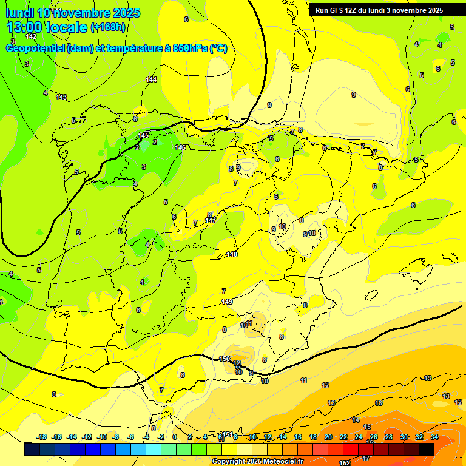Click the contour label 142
click(x=31, y=36)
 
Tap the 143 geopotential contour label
click(x=61, y=97)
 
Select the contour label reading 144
click(x=151, y=79)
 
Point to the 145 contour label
click(x=143, y=135)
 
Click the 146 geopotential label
click(x=180, y=147)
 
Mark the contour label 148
click(x=232, y=254)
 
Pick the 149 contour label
click(x=227, y=302)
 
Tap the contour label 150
click(x=225, y=359)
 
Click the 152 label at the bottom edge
click(x=345, y=462)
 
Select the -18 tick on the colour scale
click(x=41, y=437)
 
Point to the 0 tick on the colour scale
click(x=175, y=437)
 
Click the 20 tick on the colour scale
click(x=328, y=437)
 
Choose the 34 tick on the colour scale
click(x=434, y=437)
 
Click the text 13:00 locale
click(x=47, y=27)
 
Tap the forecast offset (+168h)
click(x=107, y=27)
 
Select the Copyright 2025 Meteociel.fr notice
click(x=257, y=461)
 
